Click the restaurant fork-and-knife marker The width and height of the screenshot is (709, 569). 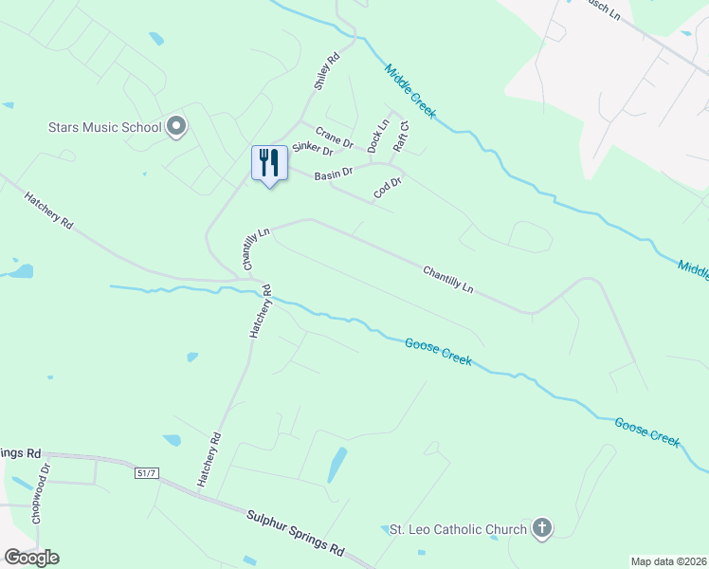(269, 163)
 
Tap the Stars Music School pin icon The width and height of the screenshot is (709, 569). (175, 126)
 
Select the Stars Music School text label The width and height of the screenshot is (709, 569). (104, 126)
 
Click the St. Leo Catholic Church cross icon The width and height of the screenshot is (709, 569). (541, 528)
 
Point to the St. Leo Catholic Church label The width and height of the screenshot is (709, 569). (459, 529)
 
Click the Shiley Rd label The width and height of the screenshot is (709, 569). (327, 73)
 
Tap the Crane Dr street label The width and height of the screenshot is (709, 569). (334, 138)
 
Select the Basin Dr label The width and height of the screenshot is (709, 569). (333, 174)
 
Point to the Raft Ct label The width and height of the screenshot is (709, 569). (402, 137)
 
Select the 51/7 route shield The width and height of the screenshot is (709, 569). (145, 471)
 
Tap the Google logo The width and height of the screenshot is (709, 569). (31, 558)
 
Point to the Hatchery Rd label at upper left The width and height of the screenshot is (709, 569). (49, 211)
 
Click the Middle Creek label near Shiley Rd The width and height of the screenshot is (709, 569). (409, 91)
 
